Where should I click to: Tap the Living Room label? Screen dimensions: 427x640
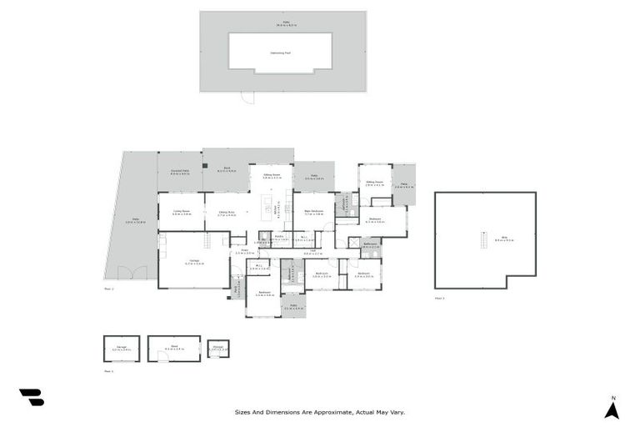pos(182,213)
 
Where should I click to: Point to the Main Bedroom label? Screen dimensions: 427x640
pos(313,212)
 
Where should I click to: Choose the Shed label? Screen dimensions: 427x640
pos(173,348)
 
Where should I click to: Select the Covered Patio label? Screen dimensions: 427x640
pos(181,173)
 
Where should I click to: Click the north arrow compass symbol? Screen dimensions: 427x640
pos(612,408)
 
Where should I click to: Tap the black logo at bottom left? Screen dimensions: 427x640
pos(32,397)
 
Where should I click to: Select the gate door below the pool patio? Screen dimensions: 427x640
pos(247,98)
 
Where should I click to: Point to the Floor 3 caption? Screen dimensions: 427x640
pos(440,297)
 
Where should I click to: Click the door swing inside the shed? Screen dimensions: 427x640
pos(156,356)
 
